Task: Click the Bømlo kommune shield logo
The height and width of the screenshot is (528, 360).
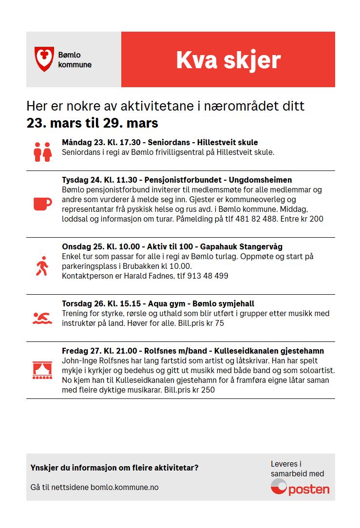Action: click(43, 59)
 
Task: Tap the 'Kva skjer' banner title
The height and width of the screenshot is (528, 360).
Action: click(228, 60)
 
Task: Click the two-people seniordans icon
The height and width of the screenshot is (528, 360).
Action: click(43, 152)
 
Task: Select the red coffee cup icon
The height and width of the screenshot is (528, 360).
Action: click(42, 204)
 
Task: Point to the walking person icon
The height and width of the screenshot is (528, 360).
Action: click(42, 266)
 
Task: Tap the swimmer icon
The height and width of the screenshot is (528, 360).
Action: click(42, 318)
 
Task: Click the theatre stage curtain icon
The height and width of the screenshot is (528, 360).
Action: click(42, 370)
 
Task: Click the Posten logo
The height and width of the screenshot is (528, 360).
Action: click(300, 488)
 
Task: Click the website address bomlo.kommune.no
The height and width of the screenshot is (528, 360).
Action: click(124, 487)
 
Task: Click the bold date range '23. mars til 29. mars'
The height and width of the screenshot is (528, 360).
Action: click(92, 123)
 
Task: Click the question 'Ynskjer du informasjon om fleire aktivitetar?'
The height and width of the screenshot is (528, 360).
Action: click(114, 468)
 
